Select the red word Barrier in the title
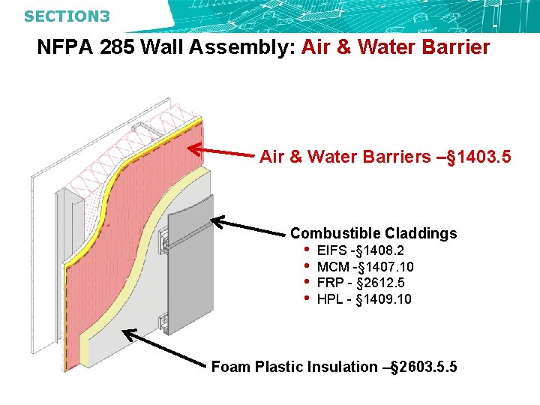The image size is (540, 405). [451, 48]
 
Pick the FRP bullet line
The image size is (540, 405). [361, 283]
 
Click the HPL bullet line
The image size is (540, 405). [364, 299]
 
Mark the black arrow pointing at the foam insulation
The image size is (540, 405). [165, 348]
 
